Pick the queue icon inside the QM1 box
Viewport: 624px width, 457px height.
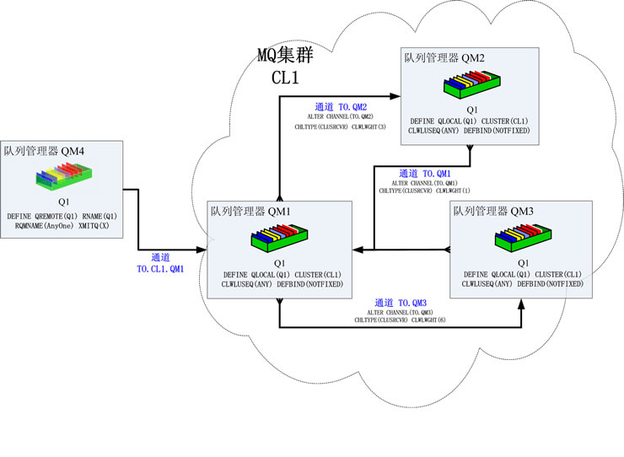pos(277,239)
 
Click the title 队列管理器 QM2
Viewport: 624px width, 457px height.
pos(444,58)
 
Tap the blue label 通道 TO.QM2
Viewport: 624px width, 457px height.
pos(341,107)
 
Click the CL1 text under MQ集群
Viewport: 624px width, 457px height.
pos(286,78)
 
